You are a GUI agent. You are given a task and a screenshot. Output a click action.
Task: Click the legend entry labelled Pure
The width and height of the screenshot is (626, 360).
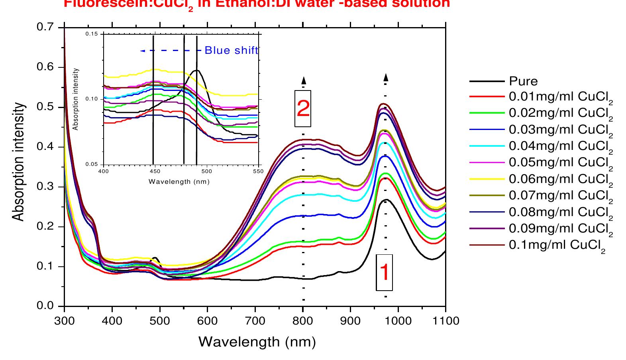pos(523,81)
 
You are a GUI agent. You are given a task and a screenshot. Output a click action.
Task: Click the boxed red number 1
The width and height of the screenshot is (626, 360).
pos(385,272)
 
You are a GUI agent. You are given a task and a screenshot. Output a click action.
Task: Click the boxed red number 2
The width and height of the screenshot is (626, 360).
pos(303,108)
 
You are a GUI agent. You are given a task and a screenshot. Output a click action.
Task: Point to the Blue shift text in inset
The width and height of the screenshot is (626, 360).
pos(231,51)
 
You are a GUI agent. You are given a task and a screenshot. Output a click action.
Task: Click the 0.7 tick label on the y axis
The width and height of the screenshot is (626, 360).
pos(45,28)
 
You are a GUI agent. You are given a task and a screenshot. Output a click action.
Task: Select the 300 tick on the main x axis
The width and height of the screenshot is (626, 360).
pos(64,321)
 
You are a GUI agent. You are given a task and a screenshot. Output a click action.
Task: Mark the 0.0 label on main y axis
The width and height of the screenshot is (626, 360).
pos(45,306)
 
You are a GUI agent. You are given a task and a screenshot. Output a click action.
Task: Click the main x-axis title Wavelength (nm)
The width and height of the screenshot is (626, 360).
pos(257,342)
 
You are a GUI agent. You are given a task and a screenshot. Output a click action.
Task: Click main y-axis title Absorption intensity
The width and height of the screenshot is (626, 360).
pos(18,162)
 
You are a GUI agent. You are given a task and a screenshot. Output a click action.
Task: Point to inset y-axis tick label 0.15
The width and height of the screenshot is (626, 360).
pos(92,34)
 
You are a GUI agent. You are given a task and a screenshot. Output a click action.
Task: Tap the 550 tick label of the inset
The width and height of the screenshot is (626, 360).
pos(258,171)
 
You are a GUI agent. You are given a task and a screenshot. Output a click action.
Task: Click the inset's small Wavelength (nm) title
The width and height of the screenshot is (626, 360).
pos(179,181)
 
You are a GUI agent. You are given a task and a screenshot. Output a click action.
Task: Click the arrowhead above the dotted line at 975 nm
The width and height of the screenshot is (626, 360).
pos(386,77)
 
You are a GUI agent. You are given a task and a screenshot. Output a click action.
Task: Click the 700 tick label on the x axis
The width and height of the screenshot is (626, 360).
pos(255,321)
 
